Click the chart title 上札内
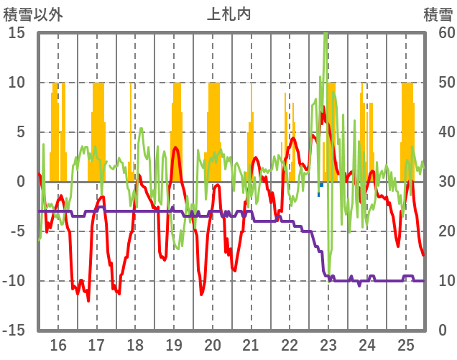(x=228, y=13)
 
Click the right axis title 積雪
(x=437, y=13)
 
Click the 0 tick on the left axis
(x=21, y=182)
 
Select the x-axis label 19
(x=174, y=343)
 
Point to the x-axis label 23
(x=328, y=343)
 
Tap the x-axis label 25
(x=406, y=343)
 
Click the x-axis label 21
(x=251, y=343)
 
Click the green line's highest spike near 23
(x=326, y=34)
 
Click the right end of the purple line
(x=423, y=280)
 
